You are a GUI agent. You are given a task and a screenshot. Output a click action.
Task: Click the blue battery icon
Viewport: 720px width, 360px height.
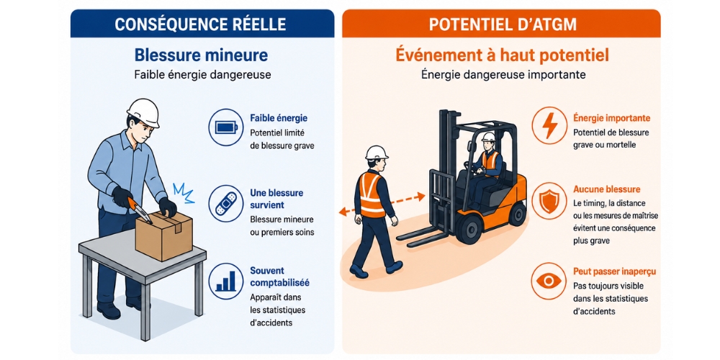[225, 127]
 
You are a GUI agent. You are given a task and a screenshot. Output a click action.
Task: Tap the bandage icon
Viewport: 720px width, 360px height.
[225, 204]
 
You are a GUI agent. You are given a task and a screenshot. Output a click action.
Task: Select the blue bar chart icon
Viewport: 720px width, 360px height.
[225, 281]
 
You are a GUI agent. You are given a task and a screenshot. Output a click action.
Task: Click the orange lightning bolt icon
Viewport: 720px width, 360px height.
[549, 125]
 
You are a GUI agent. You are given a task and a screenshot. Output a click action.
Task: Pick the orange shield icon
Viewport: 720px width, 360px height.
[549, 204]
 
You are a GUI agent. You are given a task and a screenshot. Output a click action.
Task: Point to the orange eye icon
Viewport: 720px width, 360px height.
[549, 281]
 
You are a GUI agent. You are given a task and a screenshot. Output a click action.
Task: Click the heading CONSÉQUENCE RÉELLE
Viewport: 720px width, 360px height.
[201, 24]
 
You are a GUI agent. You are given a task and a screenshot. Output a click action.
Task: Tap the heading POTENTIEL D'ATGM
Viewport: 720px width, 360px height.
[503, 24]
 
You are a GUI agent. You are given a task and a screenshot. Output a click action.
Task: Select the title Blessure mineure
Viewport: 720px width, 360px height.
[201, 55]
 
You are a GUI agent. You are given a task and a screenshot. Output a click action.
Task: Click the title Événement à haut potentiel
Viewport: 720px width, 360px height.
[502, 55]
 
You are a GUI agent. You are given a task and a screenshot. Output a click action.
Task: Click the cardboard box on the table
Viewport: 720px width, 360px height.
[164, 235]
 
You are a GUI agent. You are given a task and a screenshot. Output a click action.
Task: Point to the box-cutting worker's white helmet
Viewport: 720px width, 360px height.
[144, 112]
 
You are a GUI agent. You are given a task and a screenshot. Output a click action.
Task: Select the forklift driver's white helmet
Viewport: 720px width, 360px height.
[488, 138]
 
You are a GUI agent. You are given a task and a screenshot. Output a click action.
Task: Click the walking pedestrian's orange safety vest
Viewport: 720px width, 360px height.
[372, 194]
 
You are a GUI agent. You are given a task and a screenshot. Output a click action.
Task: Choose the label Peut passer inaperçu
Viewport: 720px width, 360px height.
[614, 272]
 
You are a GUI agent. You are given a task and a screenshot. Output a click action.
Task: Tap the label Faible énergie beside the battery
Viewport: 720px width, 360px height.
[279, 119]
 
